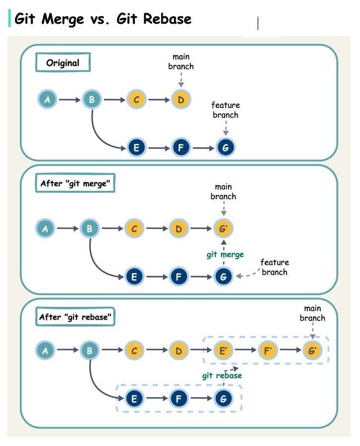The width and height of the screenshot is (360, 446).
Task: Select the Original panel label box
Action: pyautogui.click(x=63, y=63)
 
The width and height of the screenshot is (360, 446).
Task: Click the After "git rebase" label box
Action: pyautogui.click(x=75, y=317)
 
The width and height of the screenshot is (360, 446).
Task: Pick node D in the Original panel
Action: pyautogui.click(x=181, y=100)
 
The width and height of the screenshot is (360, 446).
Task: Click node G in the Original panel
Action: pyautogui.click(x=226, y=147)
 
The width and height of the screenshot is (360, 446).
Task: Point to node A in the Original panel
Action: pyautogui.click(x=47, y=100)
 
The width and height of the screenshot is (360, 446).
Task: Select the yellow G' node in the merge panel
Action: pyautogui.click(x=223, y=229)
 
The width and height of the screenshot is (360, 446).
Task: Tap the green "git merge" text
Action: pyautogui.click(x=225, y=254)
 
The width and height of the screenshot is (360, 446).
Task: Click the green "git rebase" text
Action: pyautogui.click(x=222, y=376)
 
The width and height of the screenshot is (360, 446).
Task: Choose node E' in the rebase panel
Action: pyautogui.click(x=223, y=350)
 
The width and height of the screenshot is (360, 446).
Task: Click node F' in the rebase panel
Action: pyautogui.click(x=268, y=350)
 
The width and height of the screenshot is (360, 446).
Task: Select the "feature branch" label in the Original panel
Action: pyautogui.click(x=226, y=110)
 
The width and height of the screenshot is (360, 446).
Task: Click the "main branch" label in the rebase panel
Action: pyautogui.click(x=312, y=313)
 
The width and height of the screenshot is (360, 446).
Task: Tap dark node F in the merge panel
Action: pyautogui.click(x=179, y=277)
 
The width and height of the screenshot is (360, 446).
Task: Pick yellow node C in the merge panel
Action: pyautogui.click(x=134, y=229)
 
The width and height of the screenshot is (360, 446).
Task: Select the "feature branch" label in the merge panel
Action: pyautogui.click(x=274, y=267)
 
